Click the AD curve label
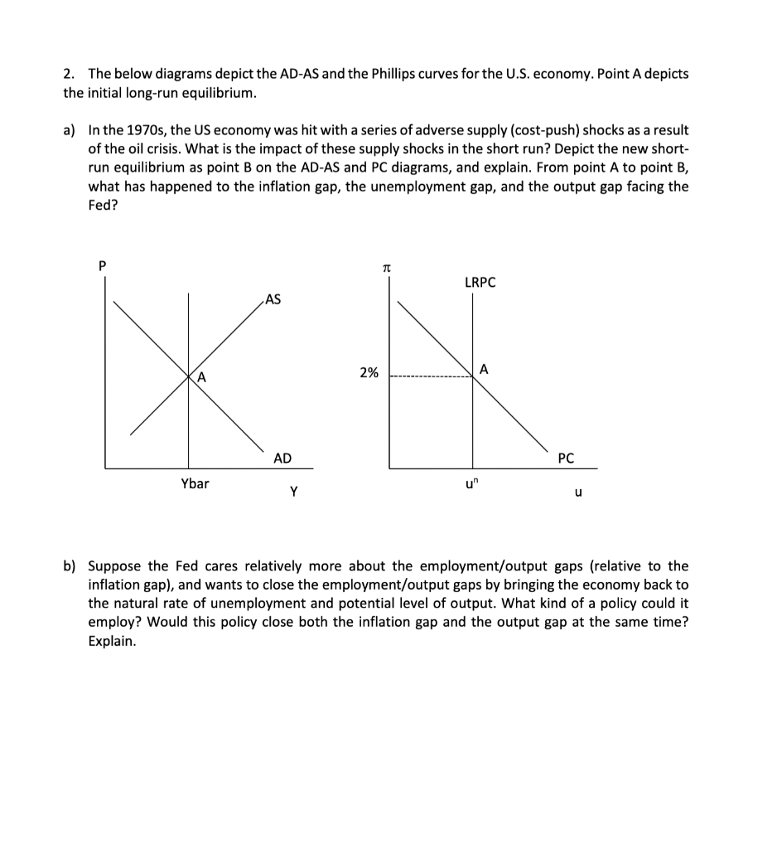(x=282, y=458)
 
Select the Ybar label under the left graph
(x=195, y=483)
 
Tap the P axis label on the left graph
(x=103, y=265)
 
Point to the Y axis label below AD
(x=294, y=492)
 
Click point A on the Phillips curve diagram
(x=485, y=369)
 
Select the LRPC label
(x=480, y=283)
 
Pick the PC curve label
(x=566, y=458)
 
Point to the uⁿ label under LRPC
(x=472, y=483)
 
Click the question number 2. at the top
(x=70, y=74)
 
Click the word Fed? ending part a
(x=103, y=206)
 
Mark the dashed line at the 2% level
(x=431, y=378)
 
